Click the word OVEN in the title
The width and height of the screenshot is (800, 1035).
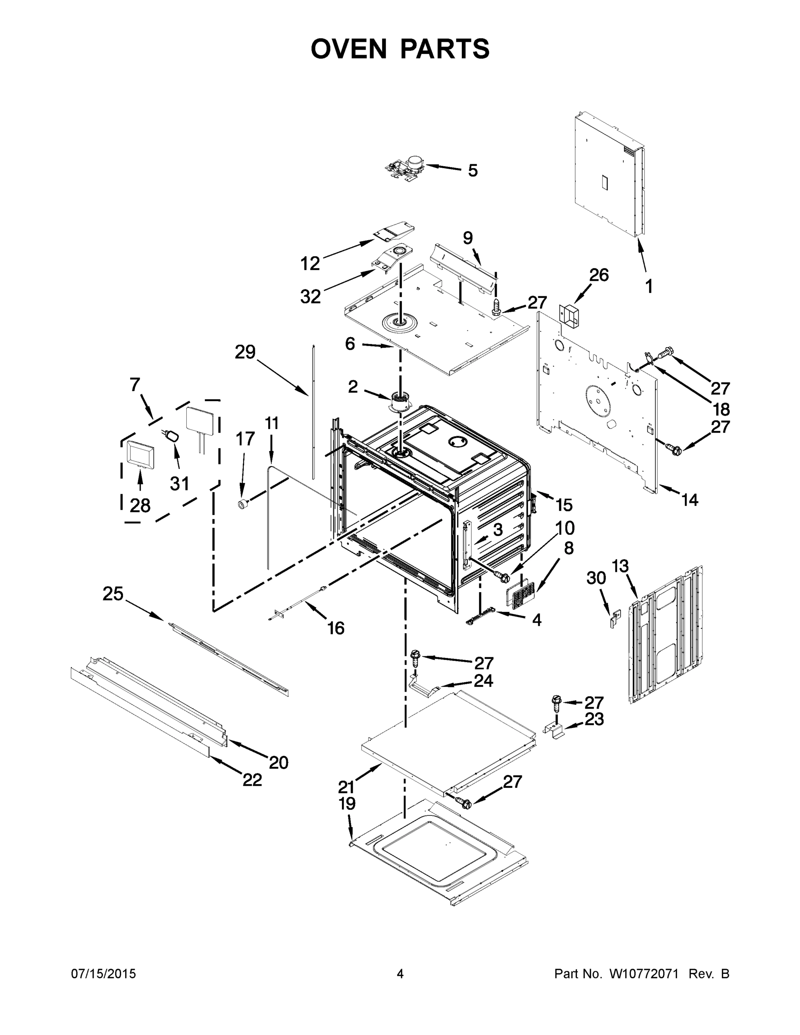(x=349, y=49)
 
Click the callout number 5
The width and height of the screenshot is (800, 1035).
(x=473, y=171)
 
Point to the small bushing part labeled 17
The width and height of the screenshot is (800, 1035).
(x=243, y=504)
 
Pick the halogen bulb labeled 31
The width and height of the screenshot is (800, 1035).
(x=173, y=436)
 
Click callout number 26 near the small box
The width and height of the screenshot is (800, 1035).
(x=599, y=275)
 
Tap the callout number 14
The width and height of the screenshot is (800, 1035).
(x=690, y=499)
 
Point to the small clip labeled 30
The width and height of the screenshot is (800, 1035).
(x=615, y=618)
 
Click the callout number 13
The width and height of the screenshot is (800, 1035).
(x=620, y=566)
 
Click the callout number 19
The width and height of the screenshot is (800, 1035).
(x=347, y=804)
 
